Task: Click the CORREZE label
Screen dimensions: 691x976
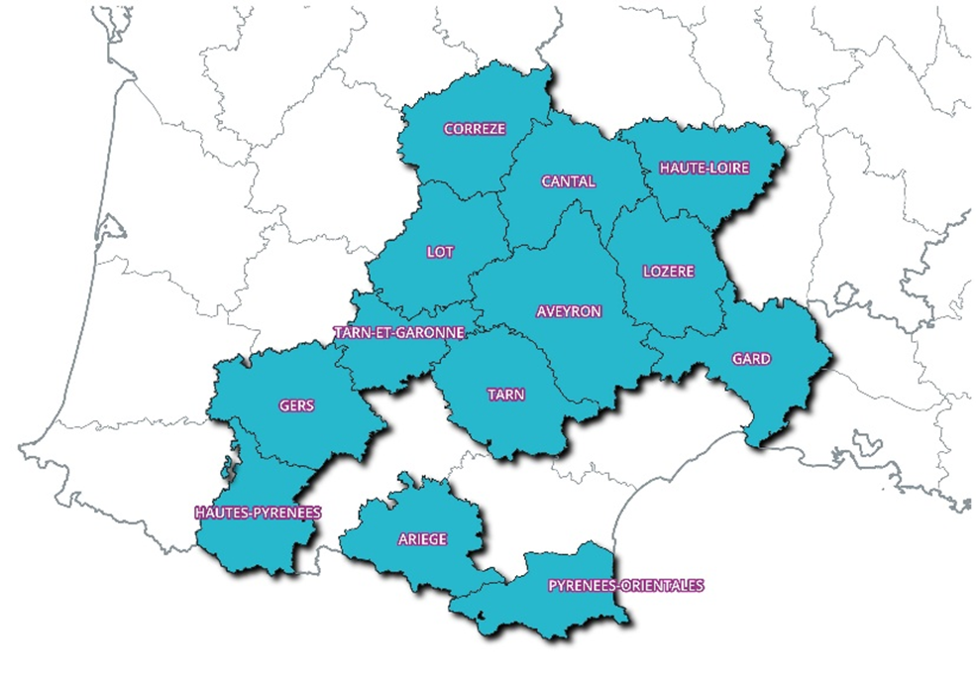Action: pos(475,129)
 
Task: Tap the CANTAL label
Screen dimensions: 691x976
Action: pos(569,181)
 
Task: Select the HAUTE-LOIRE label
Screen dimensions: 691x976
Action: pos(705,169)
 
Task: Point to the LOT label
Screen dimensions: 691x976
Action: pos(440,253)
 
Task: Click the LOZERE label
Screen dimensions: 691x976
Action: pos(669,272)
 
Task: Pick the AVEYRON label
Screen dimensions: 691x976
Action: pos(569,311)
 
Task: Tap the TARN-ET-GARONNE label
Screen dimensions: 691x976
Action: pos(399,333)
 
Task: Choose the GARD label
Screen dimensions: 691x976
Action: pos(751,359)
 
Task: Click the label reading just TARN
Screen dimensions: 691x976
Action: pos(505,395)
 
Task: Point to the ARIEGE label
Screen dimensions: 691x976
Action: pos(422,539)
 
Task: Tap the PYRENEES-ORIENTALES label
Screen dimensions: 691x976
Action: pos(625,585)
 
